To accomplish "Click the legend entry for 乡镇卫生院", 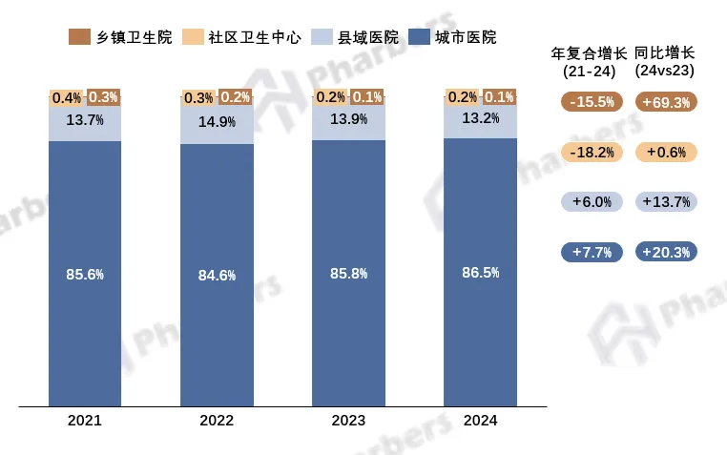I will (120, 37).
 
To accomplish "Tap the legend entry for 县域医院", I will (353, 37).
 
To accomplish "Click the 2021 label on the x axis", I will (84, 420).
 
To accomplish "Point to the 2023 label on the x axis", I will (348, 420).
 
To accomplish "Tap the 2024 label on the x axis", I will (480, 420).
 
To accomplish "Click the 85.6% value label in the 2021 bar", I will (84, 275).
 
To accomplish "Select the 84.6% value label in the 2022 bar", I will (217, 276).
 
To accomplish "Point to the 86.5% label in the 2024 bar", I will (480, 273).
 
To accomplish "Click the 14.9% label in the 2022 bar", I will (217, 121).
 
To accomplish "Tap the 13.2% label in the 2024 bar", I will (480, 119).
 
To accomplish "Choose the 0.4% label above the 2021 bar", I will (67, 97).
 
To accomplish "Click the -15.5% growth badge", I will (591, 102).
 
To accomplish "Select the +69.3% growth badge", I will (667, 102).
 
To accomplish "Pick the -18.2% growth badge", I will (591, 152).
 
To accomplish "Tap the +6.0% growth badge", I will (591, 201).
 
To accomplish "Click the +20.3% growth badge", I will (667, 252).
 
